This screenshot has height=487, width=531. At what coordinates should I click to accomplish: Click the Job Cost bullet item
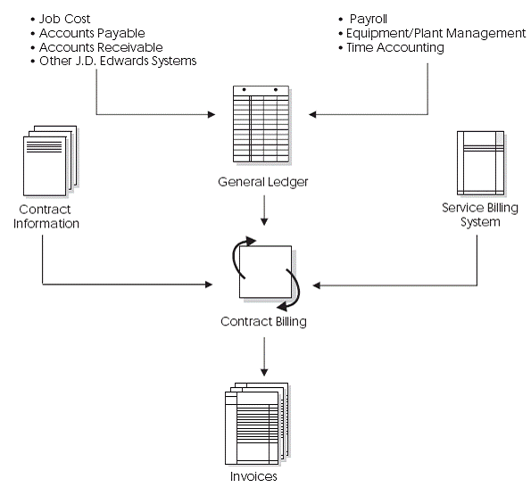pos(64,19)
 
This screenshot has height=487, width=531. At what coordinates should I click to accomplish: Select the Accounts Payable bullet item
pos(87,33)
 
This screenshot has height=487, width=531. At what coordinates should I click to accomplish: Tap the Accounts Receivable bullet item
pos(94,47)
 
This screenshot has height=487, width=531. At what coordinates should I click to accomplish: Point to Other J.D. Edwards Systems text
pos(117,62)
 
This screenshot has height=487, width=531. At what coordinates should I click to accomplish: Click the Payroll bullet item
pos(368,19)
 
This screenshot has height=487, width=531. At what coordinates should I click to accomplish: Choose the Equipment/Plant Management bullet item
pos(436,33)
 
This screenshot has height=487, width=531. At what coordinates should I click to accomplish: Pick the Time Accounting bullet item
pos(394,47)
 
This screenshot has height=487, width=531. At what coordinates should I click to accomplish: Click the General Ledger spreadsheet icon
pos(263,124)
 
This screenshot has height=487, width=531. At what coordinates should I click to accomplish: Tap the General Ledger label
pos(263,183)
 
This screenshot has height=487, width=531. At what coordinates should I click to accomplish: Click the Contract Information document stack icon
pos(46,159)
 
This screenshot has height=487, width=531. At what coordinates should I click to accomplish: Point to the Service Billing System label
pos(475,215)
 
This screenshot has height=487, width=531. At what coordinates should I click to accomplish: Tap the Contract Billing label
pos(263,321)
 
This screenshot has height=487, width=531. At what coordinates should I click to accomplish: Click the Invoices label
pos(253,476)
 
